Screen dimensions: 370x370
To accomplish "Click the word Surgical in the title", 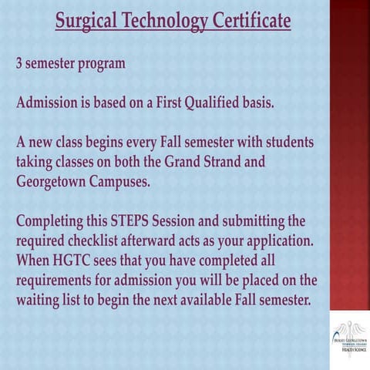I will (86, 20).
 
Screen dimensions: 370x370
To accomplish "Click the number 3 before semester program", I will (19, 63).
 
